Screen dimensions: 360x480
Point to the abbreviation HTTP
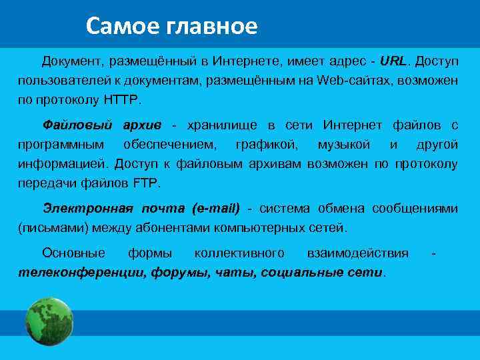pos(121,99)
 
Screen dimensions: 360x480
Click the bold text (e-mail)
pos(215,209)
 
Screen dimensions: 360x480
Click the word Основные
pos(73,253)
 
